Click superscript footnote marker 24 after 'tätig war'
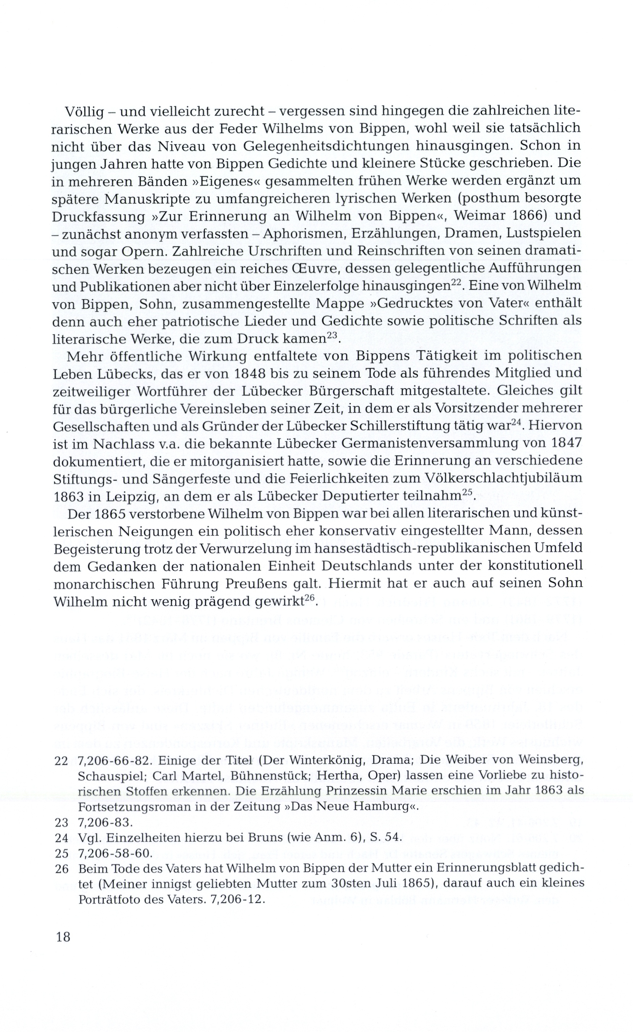tap(516, 423)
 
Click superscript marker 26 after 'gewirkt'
tap(309, 599)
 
